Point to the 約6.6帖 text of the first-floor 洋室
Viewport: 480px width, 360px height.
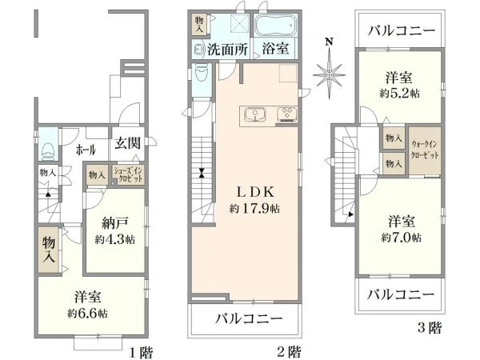coord(88,312)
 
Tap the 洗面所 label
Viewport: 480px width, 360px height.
coord(228,49)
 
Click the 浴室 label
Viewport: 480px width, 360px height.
coord(275,49)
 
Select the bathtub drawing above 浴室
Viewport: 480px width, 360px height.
coord(277,24)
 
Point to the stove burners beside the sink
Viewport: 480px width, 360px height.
coord(286,114)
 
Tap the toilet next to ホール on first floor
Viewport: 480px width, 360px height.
coord(48,148)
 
